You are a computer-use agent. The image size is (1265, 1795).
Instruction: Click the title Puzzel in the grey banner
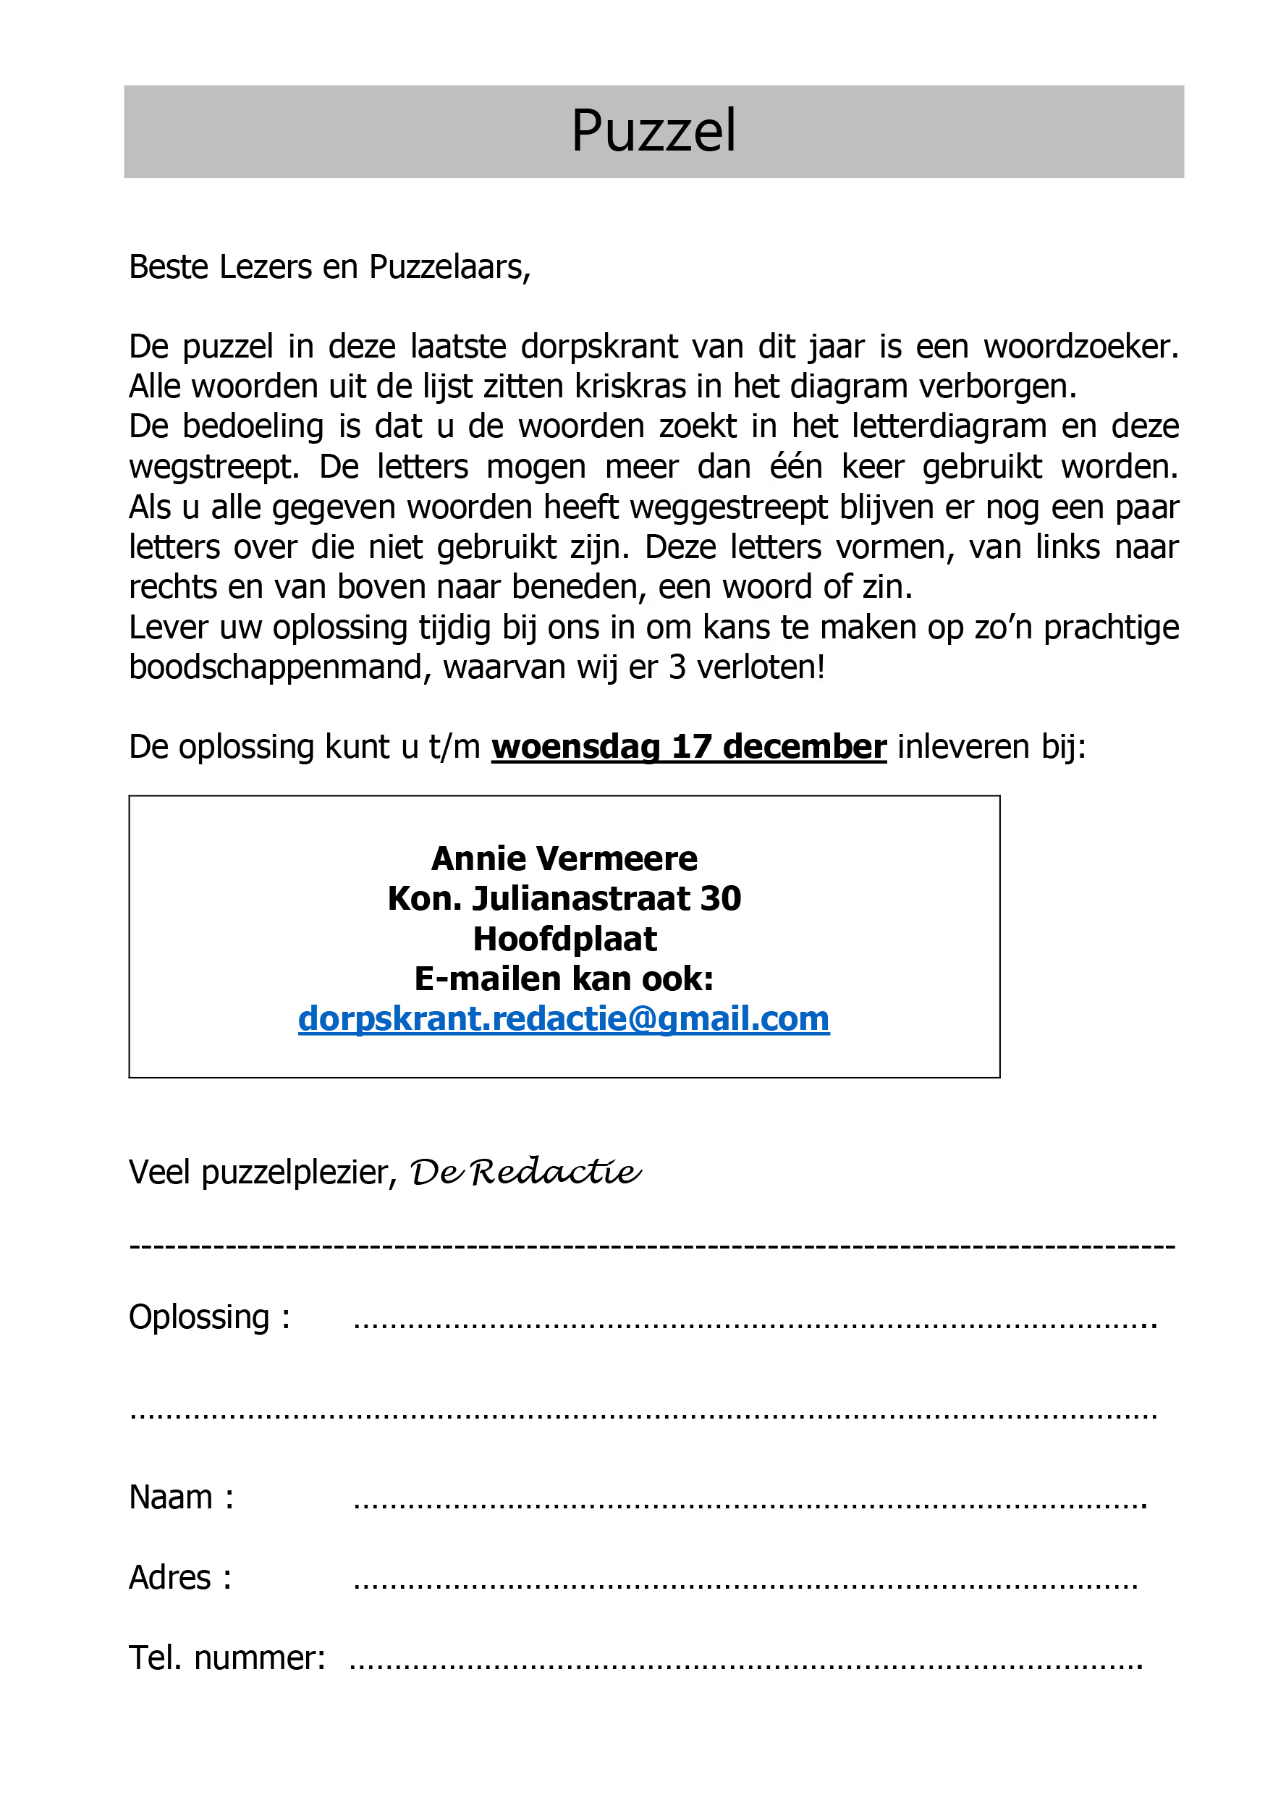pyautogui.click(x=653, y=130)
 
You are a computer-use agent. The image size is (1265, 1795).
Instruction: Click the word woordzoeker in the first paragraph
pyautogui.click(x=1080, y=347)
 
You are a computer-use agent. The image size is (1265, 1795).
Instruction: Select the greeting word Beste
pyautogui.click(x=169, y=266)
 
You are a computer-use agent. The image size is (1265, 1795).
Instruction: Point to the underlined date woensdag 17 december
pyautogui.click(x=689, y=747)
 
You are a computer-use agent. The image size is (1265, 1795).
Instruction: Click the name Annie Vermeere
pyautogui.click(x=564, y=858)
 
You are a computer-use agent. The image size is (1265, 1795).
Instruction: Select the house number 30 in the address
pyautogui.click(x=720, y=898)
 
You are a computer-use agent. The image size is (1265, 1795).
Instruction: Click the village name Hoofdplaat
pyautogui.click(x=564, y=938)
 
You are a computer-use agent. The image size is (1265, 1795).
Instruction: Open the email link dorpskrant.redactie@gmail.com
pyautogui.click(x=564, y=1018)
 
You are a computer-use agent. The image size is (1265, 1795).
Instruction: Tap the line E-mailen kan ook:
pyautogui.click(x=564, y=979)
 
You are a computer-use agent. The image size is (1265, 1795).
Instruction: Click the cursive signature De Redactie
pyautogui.click(x=525, y=1171)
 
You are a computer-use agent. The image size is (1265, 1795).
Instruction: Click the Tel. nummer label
pyautogui.click(x=227, y=1657)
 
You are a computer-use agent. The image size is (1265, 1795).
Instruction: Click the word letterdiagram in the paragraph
pyautogui.click(x=948, y=426)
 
